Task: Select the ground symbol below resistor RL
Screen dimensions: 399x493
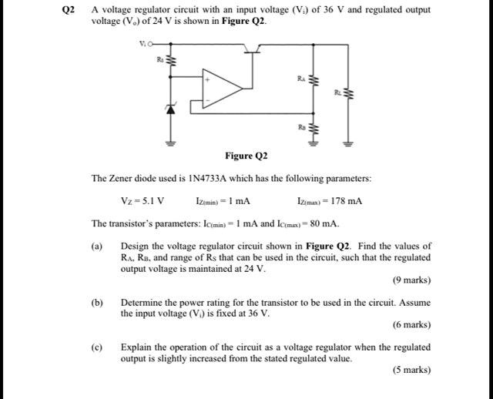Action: (x=348, y=143)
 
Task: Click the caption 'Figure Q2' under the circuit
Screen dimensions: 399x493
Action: (x=246, y=156)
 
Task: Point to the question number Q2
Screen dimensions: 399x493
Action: (x=69, y=10)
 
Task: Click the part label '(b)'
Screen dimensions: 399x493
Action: (x=97, y=303)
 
